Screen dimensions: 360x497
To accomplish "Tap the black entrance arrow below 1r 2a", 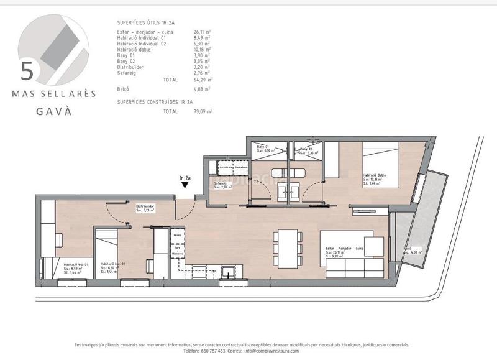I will click(x=185, y=185).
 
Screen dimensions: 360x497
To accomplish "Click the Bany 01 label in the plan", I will click(x=263, y=147).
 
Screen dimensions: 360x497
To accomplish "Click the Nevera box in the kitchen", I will click(x=178, y=236).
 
